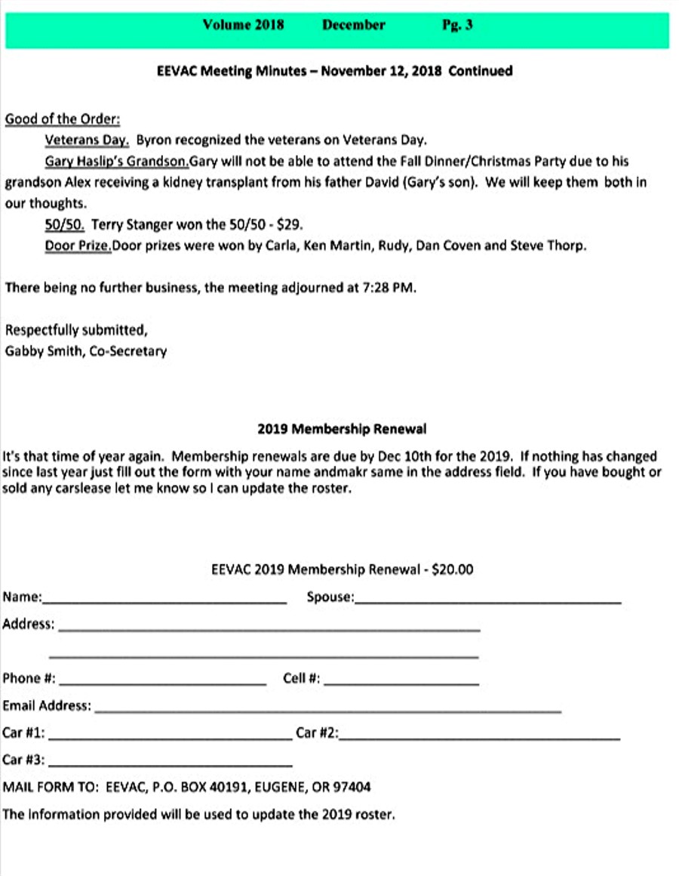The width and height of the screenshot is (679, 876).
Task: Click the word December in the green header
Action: tap(353, 25)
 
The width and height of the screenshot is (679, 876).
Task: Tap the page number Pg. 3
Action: tap(457, 25)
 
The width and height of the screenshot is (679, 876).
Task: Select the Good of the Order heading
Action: tap(63, 119)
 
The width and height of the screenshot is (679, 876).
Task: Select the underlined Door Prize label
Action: tap(78, 245)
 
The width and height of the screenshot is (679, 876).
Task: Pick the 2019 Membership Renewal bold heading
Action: tap(341, 429)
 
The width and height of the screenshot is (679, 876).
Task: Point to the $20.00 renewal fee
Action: tap(453, 569)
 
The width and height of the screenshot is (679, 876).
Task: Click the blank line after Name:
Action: tap(164, 601)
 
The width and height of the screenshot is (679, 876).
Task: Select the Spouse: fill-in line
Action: tap(487, 601)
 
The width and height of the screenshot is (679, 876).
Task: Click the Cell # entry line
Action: tap(401, 683)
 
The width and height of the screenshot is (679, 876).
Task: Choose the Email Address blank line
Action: tap(327, 710)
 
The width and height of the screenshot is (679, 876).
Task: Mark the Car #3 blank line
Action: tap(170, 764)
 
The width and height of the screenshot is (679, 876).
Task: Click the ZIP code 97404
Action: tap(352, 787)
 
